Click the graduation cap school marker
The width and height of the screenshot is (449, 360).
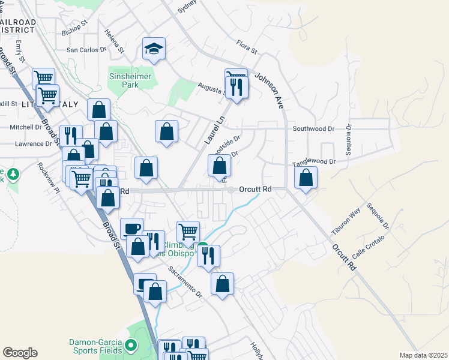[154, 49]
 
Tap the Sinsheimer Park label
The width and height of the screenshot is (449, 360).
[132, 80]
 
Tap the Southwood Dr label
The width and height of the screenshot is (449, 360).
[313, 129]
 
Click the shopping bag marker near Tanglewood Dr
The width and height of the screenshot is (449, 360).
[306, 178]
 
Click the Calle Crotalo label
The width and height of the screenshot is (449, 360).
[367, 247]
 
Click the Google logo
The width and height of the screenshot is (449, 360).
[20, 353]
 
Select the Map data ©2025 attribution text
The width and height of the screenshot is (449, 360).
[423, 355]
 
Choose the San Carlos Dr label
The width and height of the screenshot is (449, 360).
[86, 50]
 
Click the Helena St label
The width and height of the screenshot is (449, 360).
[114, 40]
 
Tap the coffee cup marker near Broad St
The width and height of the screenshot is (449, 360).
[131, 229]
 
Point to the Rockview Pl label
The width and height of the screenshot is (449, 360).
[49, 178]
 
